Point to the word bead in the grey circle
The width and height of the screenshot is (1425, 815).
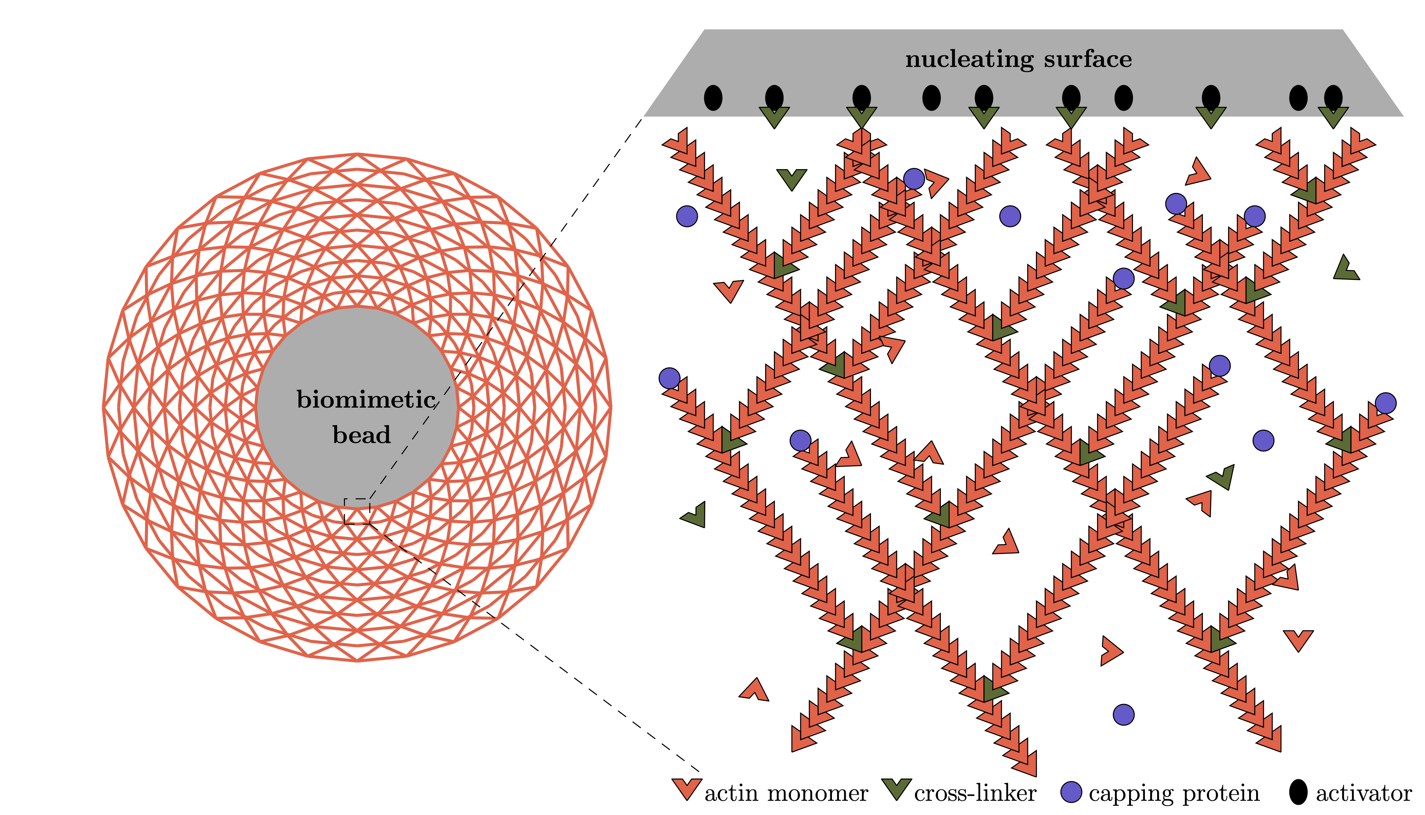pyautogui.click(x=361, y=435)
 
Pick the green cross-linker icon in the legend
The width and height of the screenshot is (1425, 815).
pyautogui.click(x=896, y=789)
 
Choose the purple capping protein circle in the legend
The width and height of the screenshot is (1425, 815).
pyautogui.click(x=1071, y=792)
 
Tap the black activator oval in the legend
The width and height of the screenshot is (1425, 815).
pyautogui.click(x=1298, y=792)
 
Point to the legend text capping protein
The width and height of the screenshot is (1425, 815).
pyautogui.click(x=1174, y=794)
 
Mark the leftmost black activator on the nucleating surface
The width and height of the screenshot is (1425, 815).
pyautogui.click(x=713, y=98)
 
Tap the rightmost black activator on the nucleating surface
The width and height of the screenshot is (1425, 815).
pyautogui.click(x=1333, y=98)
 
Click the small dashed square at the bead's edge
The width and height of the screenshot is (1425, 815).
pyautogui.click(x=357, y=511)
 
